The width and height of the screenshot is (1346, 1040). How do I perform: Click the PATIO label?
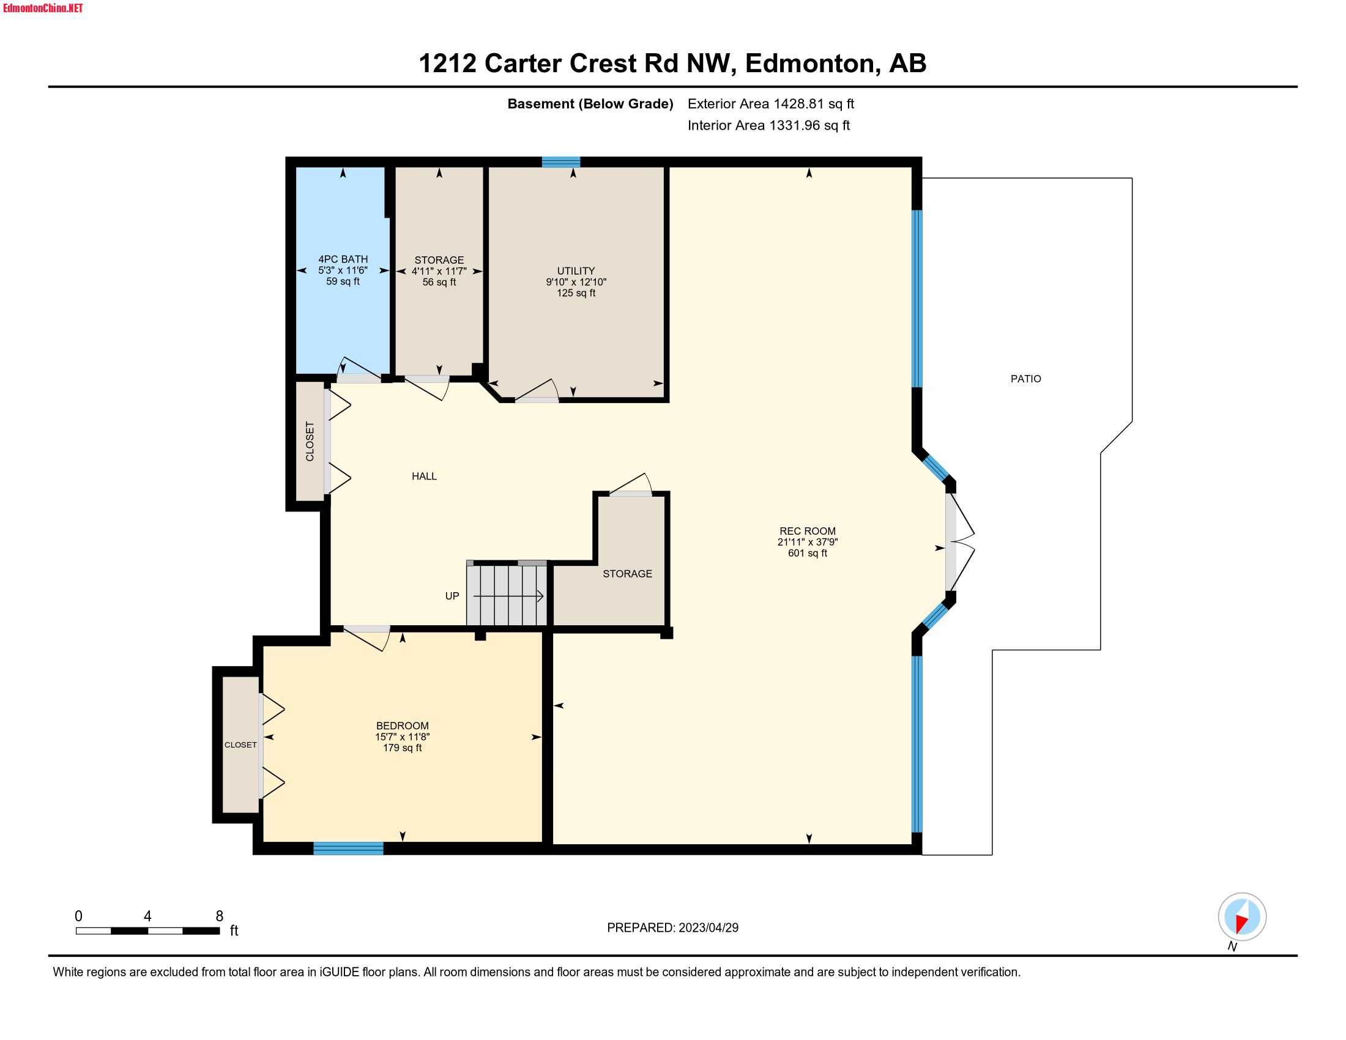click(x=1025, y=379)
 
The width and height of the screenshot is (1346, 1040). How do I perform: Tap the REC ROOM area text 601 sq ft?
click(x=808, y=553)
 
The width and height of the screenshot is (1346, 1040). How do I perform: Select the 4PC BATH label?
click(x=343, y=259)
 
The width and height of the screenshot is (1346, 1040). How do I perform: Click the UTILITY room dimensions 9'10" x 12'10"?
click(x=576, y=282)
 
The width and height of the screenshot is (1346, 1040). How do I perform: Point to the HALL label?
click(x=424, y=476)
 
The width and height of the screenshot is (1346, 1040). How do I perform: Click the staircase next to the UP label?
click(x=507, y=595)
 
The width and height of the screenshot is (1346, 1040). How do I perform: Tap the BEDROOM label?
click(x=402, y=726)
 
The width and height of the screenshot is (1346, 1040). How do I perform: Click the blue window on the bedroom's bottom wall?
click(x=348, y=849)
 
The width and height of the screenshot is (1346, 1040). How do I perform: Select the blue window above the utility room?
click(x=561, y=162)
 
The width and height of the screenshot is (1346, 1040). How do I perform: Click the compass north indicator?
click(x=1242, y=918)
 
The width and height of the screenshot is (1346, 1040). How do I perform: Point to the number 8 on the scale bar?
click(x=220, y=916)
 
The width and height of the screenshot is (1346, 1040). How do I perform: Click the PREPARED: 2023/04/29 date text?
click(x=672, y=928)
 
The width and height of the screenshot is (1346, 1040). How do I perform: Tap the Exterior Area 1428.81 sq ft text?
click(x=770, y=104)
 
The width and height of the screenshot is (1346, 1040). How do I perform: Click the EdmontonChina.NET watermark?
click(x=43, y=8)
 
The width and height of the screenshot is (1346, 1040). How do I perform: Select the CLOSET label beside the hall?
click(x=310, y=441)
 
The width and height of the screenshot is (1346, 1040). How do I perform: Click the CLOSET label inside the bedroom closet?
click(x=240, y=745)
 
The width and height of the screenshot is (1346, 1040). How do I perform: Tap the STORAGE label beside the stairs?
click(x=627, y=574)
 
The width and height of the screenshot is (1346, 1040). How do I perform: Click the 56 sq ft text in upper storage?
click(x=439, y=282)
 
